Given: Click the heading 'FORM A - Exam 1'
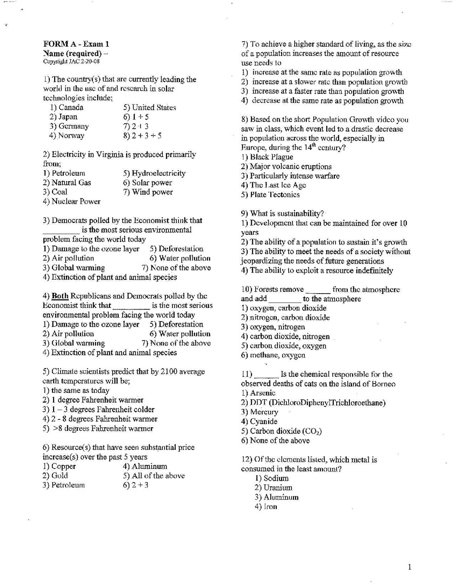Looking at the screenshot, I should pos(76,44).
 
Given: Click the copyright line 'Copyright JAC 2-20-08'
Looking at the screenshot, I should pos(71,61).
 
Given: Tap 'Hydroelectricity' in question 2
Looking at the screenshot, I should pos(159,174).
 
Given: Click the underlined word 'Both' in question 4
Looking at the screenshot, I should pos(60,296).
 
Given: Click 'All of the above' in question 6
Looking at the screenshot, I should pos(158,476).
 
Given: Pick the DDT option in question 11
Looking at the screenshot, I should pos(317,403).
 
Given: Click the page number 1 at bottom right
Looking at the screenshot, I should pos(410,567).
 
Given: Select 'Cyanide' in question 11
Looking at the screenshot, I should pos(263,422).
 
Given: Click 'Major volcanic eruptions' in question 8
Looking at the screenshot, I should pos(290,167).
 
